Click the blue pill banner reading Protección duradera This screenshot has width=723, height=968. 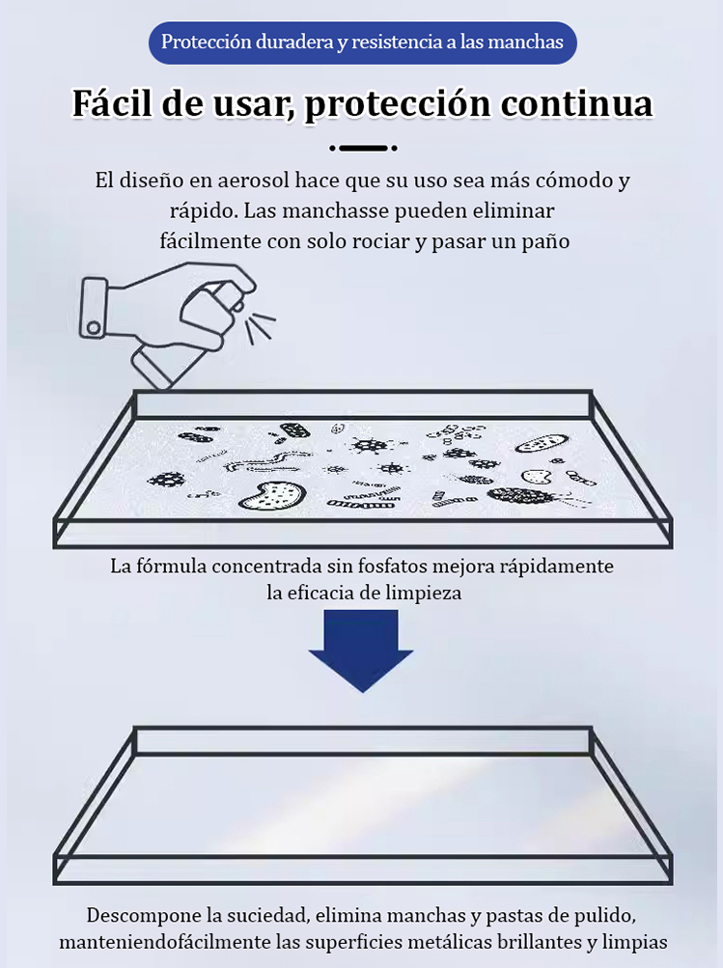click(362, 43)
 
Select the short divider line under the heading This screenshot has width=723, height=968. click(363, 148)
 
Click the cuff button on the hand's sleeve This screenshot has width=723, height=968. click(94, 328)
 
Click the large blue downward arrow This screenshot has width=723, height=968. click(361, 650)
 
